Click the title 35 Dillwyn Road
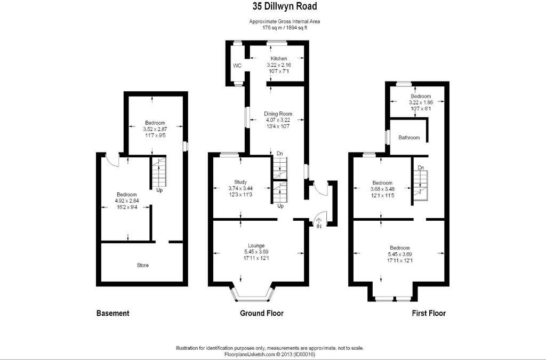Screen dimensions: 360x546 pyautogui.click(x=285, y=6)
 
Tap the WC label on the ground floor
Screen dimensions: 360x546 pyautogui.click(x=237, y=66)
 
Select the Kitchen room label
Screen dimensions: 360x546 pyautogui.click(x=278, y=59)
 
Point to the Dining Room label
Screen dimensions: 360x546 pyautogui.click(x=278, y=114)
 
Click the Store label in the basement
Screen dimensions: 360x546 pyautogui.click(x=142, y=265)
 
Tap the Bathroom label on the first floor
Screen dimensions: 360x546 pyautogui.click(x=409, y=138)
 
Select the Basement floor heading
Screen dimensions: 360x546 pyautogui.click(x=113, y=313)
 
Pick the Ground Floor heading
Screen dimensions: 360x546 pyautogui.click(x=261, y=313)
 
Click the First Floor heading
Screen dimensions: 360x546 pyautogui.click(x=429, y=313)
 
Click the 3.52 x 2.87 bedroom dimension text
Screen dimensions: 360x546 pyautogui.click(x=155, y=129)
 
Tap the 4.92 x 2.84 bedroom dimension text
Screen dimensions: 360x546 pyautogui.click(x=127, y=201)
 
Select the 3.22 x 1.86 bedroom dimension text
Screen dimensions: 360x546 pyautogui.click(x=420, y=102)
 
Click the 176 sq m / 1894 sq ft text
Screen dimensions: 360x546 pyautogui.click(x=285, y=27)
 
